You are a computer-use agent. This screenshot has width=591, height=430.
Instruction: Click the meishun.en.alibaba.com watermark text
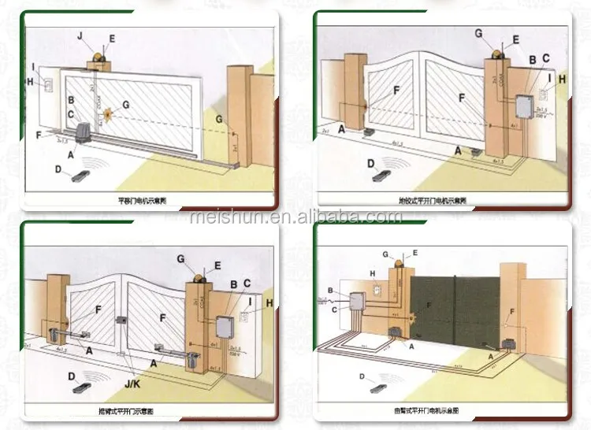click(295, 216)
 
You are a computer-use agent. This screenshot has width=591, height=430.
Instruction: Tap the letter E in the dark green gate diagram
click(414, 253)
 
